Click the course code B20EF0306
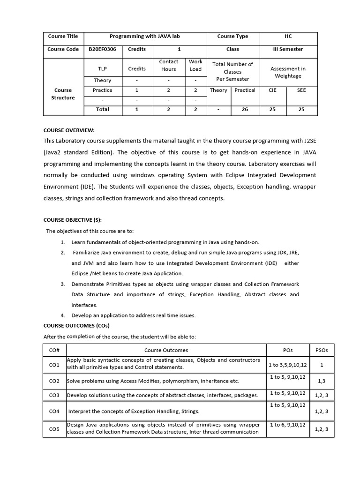[x=102, y=49]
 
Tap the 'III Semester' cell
[x=288, y=49]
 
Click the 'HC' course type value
[x=288, y=37]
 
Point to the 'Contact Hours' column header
[x=169, y=65]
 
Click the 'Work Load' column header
[x=195, y=65]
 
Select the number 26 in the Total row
[x=245, y=109]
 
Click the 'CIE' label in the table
[x=272, y=90]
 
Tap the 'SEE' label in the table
[x=301, y=90]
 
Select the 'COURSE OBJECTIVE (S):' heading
[x=72, y=219]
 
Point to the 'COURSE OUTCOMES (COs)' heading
[x=76, y=326]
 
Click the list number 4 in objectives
[x=62, y=315]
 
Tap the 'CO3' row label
[x=54, y=396]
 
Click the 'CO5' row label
[x=54, y=429]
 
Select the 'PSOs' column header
[x=322, y=350]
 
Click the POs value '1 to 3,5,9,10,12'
[x=288, y=364]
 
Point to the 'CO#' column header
[x=54, y=350]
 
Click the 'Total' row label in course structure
[x=102, y=109]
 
